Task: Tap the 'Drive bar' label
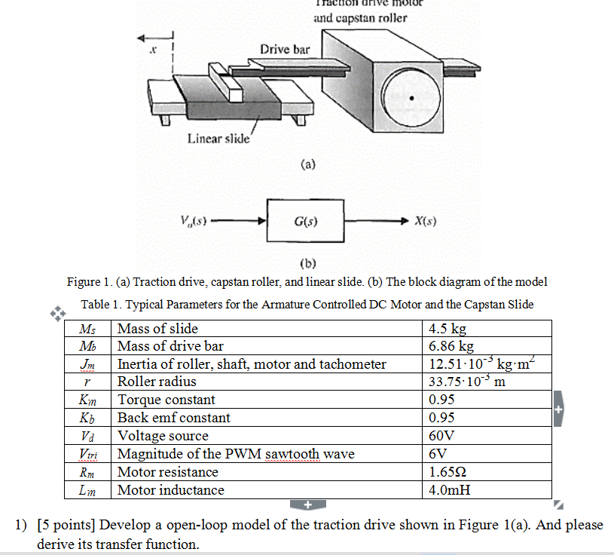point(285,49)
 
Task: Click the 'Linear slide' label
point(218,138)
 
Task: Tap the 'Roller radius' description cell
point(157,382)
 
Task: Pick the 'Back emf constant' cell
point(174,418)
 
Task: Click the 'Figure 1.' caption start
point(88,282)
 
